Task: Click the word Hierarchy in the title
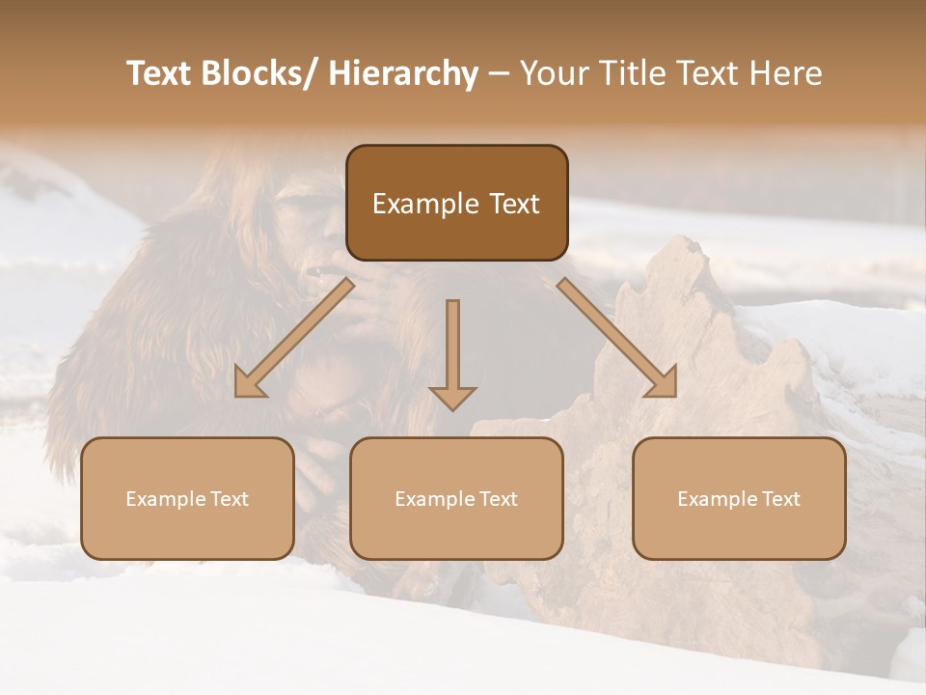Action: [403, 73]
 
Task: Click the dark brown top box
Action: [456, 203]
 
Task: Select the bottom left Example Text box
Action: [187, 498]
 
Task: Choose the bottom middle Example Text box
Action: [456, 498]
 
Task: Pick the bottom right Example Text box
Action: [739, 498]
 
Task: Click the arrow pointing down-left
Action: [294, 338]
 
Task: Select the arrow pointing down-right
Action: [617, 338]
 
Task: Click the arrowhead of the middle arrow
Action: [452, 398]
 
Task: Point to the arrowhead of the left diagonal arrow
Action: [249, 384]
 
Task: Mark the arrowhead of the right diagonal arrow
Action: [663, 383]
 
